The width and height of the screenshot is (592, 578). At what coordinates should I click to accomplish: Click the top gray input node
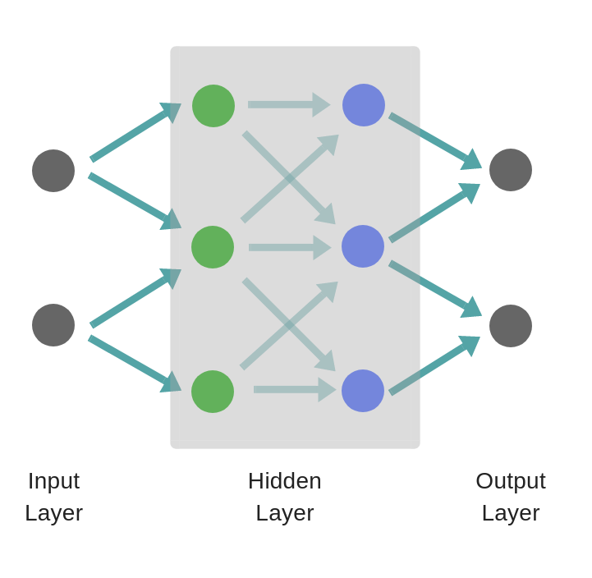click(x=53, y=171)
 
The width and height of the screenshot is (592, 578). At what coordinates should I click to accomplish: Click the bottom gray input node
click(x=53, y=325)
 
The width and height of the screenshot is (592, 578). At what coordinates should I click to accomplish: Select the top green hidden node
click(x=213, y=106)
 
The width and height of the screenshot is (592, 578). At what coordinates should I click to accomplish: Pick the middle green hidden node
click(x=213, y=247)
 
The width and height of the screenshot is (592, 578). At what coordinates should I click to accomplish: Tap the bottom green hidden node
click(x=213, y=392)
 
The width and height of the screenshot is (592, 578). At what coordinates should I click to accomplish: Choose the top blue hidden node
click(x=364, y=105)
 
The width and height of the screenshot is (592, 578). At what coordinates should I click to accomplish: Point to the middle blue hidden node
click(x=363, y=246)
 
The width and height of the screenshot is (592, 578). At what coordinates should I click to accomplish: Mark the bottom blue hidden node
click(x=363, y=391)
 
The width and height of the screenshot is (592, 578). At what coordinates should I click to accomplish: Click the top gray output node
click(x=511, y=170)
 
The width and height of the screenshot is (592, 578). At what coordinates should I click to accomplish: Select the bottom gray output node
click(x=511, y=326)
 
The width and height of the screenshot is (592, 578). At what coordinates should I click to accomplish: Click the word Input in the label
click(x=53, y=481)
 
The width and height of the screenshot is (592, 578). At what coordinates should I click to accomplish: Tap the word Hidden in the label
click(x=285, y=481)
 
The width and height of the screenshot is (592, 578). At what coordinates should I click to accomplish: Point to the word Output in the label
click(x=511, y=481)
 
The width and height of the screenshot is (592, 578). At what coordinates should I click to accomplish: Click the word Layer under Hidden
click(x=285, y=513)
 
